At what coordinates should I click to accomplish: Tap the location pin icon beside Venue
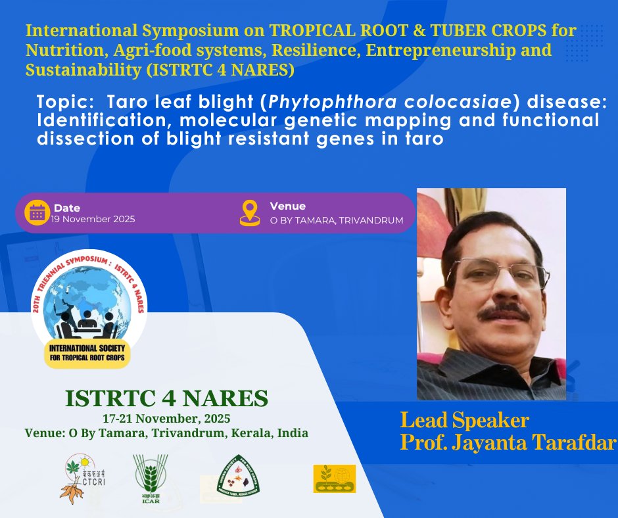click(x=250, y=212)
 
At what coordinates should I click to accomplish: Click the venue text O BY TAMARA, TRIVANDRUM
click(x=337, y=220)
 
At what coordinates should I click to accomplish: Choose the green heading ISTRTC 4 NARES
click(x=166, y=398)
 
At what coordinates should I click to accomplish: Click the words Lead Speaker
click(x=465, y=419)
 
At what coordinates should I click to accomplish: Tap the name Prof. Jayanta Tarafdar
click(x=508, y=442)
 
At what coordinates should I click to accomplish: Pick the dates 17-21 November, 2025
click(x=166, y=418)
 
